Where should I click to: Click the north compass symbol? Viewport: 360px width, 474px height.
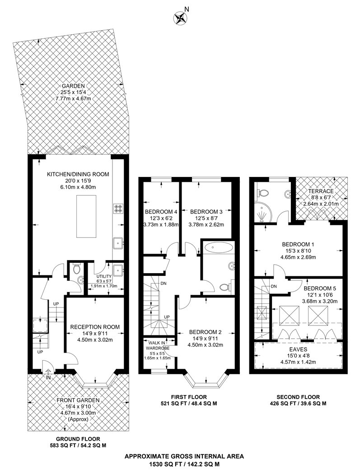[181, 18]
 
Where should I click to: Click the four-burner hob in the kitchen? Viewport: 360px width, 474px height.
[118, 208]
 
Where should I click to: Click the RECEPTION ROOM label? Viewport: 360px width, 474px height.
[94, 327]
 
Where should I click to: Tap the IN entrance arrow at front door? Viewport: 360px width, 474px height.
[48, 373]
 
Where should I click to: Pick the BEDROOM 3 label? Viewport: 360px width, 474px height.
[206, 211]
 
